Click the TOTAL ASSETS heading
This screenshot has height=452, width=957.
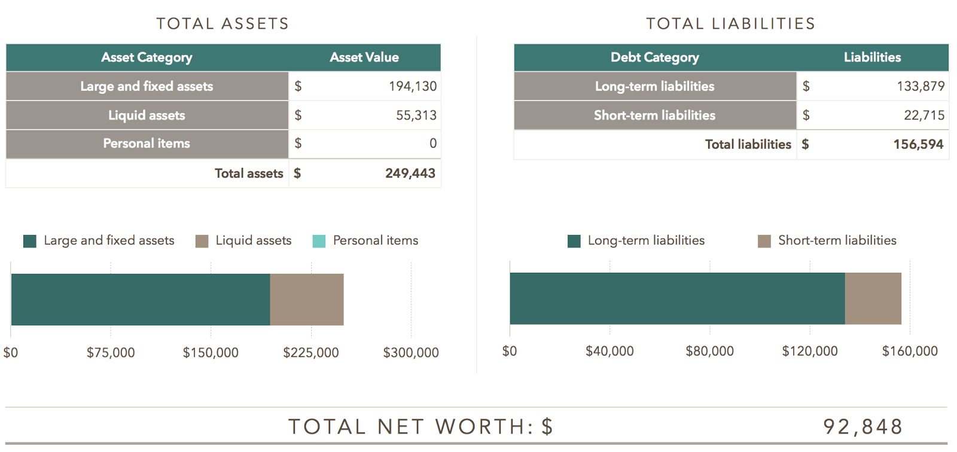[223, 24]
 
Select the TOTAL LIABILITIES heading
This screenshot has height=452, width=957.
[730, 24]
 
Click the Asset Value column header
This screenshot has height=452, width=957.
[364, 57]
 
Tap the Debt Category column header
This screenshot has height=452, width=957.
[654, 57]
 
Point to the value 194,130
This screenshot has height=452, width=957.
[413, 86]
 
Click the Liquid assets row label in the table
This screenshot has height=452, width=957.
[147, 115]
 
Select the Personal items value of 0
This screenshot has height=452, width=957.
[433, 143]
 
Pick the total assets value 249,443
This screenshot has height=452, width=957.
[410, 173]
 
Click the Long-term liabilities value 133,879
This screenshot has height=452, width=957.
[921, 86]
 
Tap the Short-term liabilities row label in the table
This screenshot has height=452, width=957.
[654, 115]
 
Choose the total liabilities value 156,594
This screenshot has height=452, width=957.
[918, 144]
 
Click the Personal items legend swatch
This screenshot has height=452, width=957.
[319, 241]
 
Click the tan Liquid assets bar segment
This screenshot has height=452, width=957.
[307, 300]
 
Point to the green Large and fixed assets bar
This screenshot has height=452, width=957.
[141, 300]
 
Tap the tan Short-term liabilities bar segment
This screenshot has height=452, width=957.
[873, 299]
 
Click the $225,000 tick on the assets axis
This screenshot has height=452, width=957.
[311, 353]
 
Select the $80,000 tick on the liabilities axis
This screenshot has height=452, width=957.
[709, 351]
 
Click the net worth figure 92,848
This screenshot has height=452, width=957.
[862, 426]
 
